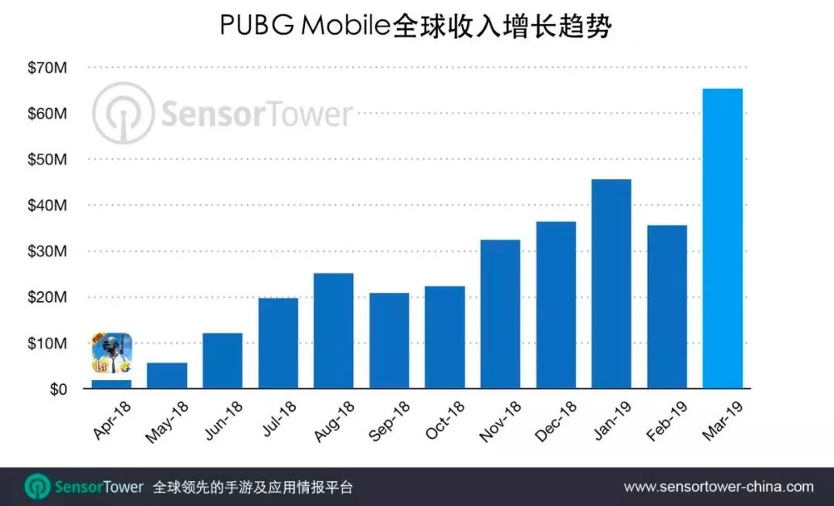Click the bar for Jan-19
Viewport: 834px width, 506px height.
click(611, 284)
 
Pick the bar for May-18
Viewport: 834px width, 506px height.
click(167, 375)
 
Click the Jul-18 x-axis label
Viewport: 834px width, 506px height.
click(279, 420)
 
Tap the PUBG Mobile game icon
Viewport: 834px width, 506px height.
click(112, 354)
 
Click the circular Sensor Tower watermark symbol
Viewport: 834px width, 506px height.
click(123, 114)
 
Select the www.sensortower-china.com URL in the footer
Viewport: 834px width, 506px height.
click(718, 487)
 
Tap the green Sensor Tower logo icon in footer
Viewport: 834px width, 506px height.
click(37, 487)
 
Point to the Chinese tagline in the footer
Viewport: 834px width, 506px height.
click(253, 487)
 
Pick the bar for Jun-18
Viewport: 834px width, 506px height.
click(222, 361)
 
